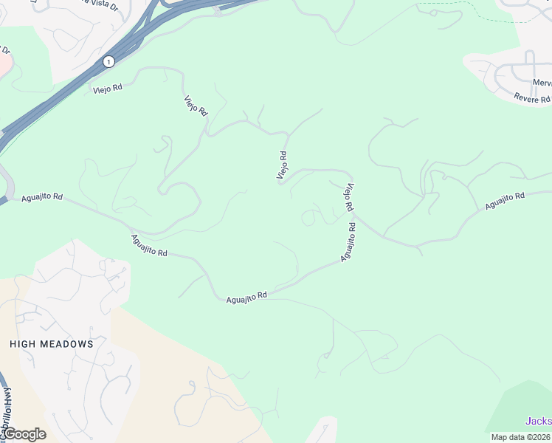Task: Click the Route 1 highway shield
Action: [x=109, y=61]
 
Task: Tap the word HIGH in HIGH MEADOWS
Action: [x=25, y=344]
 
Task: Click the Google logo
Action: [x=24, y=434]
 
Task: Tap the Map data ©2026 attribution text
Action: [x=520, y=437]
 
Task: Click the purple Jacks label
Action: [x=538, y=421]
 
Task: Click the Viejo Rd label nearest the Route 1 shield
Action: [x=108, y=88]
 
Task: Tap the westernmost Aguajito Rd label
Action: [x=42, y=198]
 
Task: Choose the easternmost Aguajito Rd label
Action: [x=504, y=200]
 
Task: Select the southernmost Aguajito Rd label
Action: [x=246, y=296]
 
